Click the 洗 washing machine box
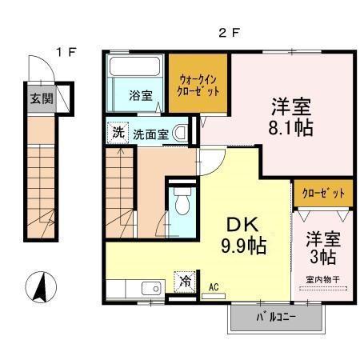tap(118, 132)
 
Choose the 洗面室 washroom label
tap(150, 134)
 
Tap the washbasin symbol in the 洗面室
tap(183, 133)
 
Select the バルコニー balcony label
tap(276, 318)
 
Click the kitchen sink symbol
tap(150, 289)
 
